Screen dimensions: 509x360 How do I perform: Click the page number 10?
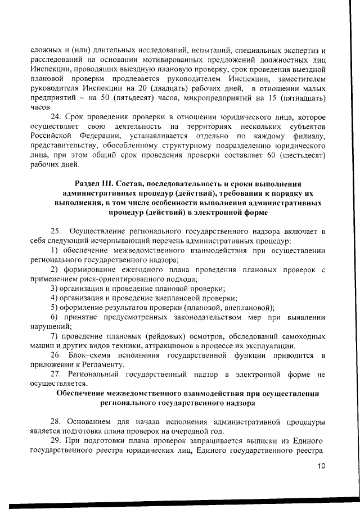click(x=321, y=465)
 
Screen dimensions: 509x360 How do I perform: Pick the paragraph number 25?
click(x=55, y=231)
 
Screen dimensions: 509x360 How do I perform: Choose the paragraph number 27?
click(x=55, y=374)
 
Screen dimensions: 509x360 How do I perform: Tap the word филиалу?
click(x=309, y=136)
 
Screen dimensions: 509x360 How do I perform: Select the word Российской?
click(x=51, y=136)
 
